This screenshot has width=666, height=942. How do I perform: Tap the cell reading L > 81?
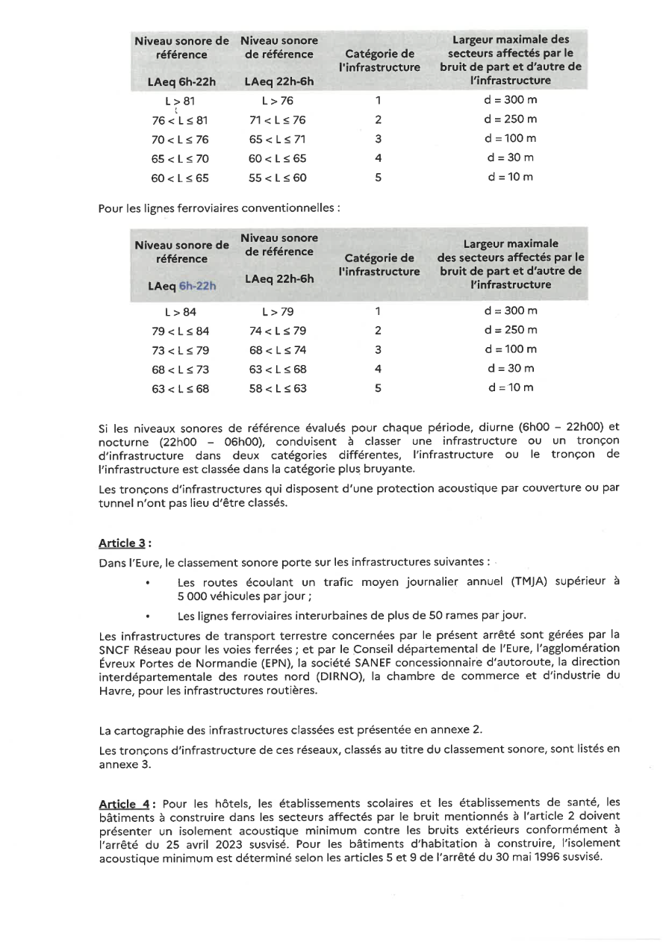click(180, 100)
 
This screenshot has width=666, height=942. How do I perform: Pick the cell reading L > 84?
click(180, 311)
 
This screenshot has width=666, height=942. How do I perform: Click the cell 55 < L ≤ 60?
click(278, 178)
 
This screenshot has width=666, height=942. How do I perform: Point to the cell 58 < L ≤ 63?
click(278, 388)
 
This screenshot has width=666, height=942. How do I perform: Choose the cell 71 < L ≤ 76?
click(278, 119)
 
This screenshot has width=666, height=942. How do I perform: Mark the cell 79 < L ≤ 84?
click(180, 331)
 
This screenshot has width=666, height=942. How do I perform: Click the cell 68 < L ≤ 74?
click(278, 350)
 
